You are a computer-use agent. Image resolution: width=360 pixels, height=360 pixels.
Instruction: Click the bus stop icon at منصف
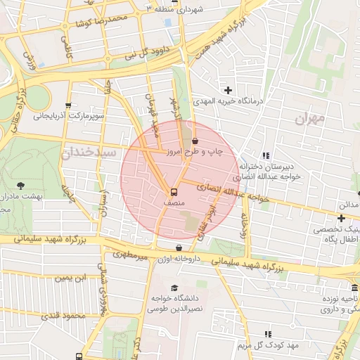tap(173, 192)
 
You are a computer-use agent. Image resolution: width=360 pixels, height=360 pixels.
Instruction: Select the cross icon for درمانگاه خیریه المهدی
tap(229, 90)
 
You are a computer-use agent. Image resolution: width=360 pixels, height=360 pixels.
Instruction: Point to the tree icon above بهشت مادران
tap(20, 186)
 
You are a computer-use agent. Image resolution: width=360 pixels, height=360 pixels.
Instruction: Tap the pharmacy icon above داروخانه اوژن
tap(180, 248)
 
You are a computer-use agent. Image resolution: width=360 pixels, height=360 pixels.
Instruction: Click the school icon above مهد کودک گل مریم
tap(267, 335)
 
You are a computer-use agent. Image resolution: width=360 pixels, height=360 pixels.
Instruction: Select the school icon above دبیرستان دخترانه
tap(266, 156)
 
